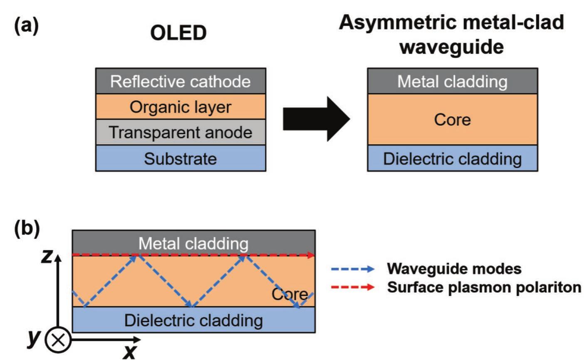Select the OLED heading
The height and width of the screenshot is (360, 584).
click(x=178, y=33)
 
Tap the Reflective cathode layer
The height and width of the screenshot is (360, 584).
click(x=181, y=81)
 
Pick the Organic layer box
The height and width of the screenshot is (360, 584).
click(x=181, y=107)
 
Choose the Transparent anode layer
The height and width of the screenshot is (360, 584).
click(x=181, y=132)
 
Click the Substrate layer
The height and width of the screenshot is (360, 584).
click(x=181, y=158)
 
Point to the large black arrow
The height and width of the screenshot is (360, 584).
click(x=316, y=119)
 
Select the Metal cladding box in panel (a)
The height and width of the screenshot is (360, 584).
click(x=452, y=81)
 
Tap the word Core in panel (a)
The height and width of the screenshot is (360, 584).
click(x=452, y=120)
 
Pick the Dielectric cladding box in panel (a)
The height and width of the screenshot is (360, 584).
click(x=452, y=158)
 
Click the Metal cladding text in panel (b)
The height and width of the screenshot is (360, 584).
click(x=193, y=243)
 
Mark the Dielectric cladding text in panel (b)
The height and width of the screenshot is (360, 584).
click(x=193, y=320)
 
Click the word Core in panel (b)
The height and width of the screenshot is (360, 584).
click(x=290, y=294)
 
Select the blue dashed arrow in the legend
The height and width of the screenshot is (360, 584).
click(x=352, y=269)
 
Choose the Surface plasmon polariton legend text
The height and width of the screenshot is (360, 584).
click(x=484, y=287)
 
